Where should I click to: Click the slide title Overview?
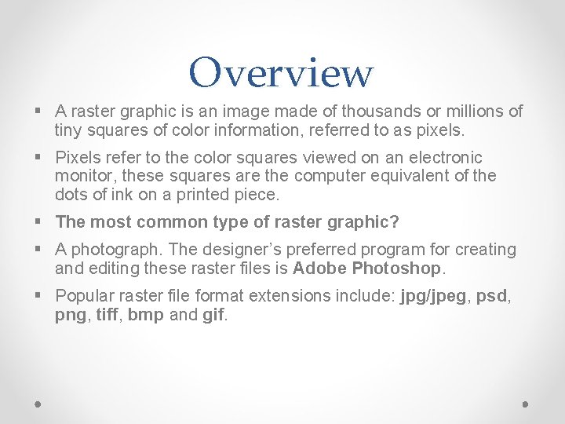pos(281,73)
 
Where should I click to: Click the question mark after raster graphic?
pos(395,222)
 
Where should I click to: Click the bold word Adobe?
pos(319,269)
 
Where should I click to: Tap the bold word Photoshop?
pos(398,269)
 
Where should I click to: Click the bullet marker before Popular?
pos(40,296)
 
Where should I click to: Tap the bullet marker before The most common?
pos(40,222)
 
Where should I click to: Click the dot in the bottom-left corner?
pos(39,404)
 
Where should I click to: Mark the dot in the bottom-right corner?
pos(526,404)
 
